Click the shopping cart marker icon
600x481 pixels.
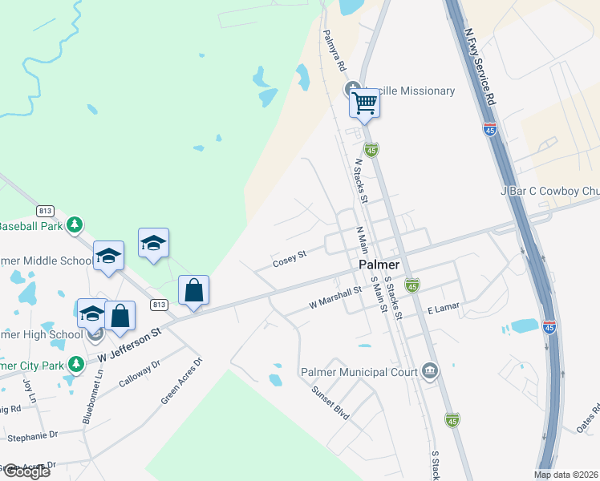pos(365,103)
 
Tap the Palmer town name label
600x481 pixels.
pos(379,265)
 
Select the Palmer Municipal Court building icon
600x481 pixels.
pos(431,370)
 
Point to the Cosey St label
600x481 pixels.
pos(290,259)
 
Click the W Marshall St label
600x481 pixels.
pos(336,299)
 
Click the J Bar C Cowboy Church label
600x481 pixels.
pos(549,192)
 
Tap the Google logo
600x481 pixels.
pos(26,471)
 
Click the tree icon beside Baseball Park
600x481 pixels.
pos(75,224)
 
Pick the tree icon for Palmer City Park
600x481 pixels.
pos(76,365)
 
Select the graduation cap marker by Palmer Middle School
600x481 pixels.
pos(108,256)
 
